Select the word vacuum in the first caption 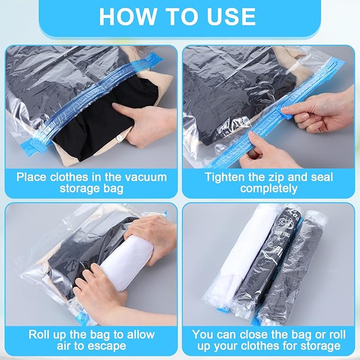click(141, 177)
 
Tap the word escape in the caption click(104, 346)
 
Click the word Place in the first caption click(32, 177)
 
